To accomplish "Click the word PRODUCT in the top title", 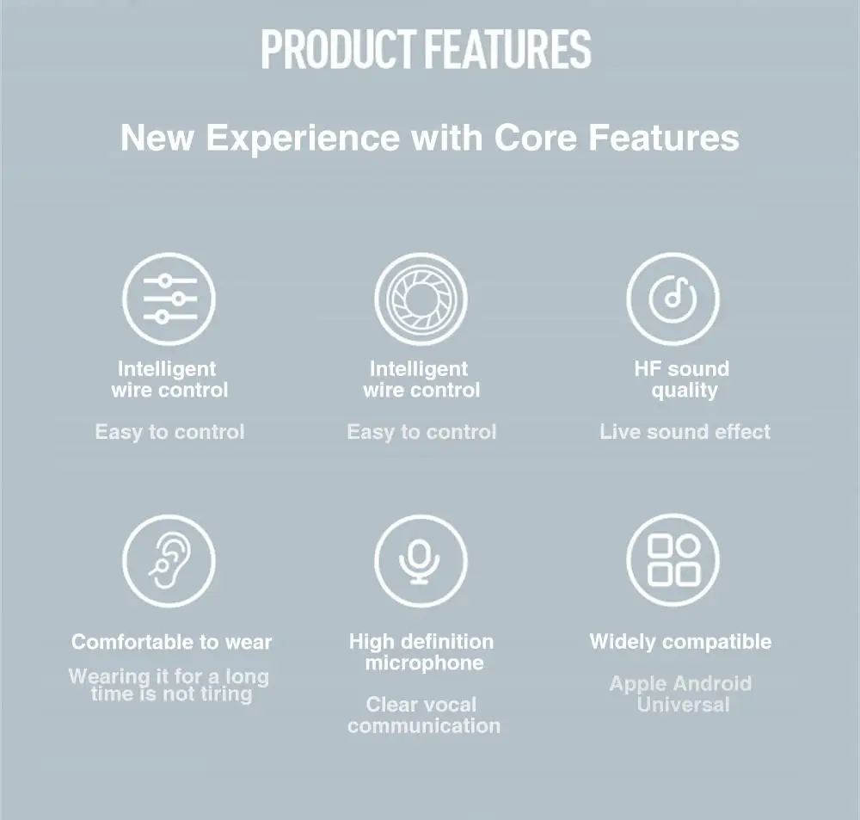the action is pyautogui.click(x=338, y=49).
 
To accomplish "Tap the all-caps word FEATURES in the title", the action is pyautogui.click(x=507, y=49).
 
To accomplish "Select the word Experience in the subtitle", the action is pyautogui.click(x=303, y=139).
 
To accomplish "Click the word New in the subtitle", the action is pyautogui.click(x=157, y=137).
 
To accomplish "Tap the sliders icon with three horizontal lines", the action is pyautogui.click(x=169, y=299).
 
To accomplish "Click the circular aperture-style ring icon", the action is pyautogui.click(x=421, y=299).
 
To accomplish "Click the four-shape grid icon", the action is pyautogui.click(x=673, y=560).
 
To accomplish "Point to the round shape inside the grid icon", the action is pyautogui.click(x=688, y=546).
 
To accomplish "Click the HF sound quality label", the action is pyautogui.click(x=682, y=379).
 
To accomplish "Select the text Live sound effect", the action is pyautogui.click(x=685, y=432).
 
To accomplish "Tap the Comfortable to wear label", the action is pyautogui.click(x=172, y=642).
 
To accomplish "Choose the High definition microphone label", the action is pyautogui.click(x=421, y=652).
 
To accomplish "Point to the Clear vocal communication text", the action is pyautogui.click(x=424, y=715).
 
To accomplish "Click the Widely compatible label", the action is pyautogui.click(x=680, y=642).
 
